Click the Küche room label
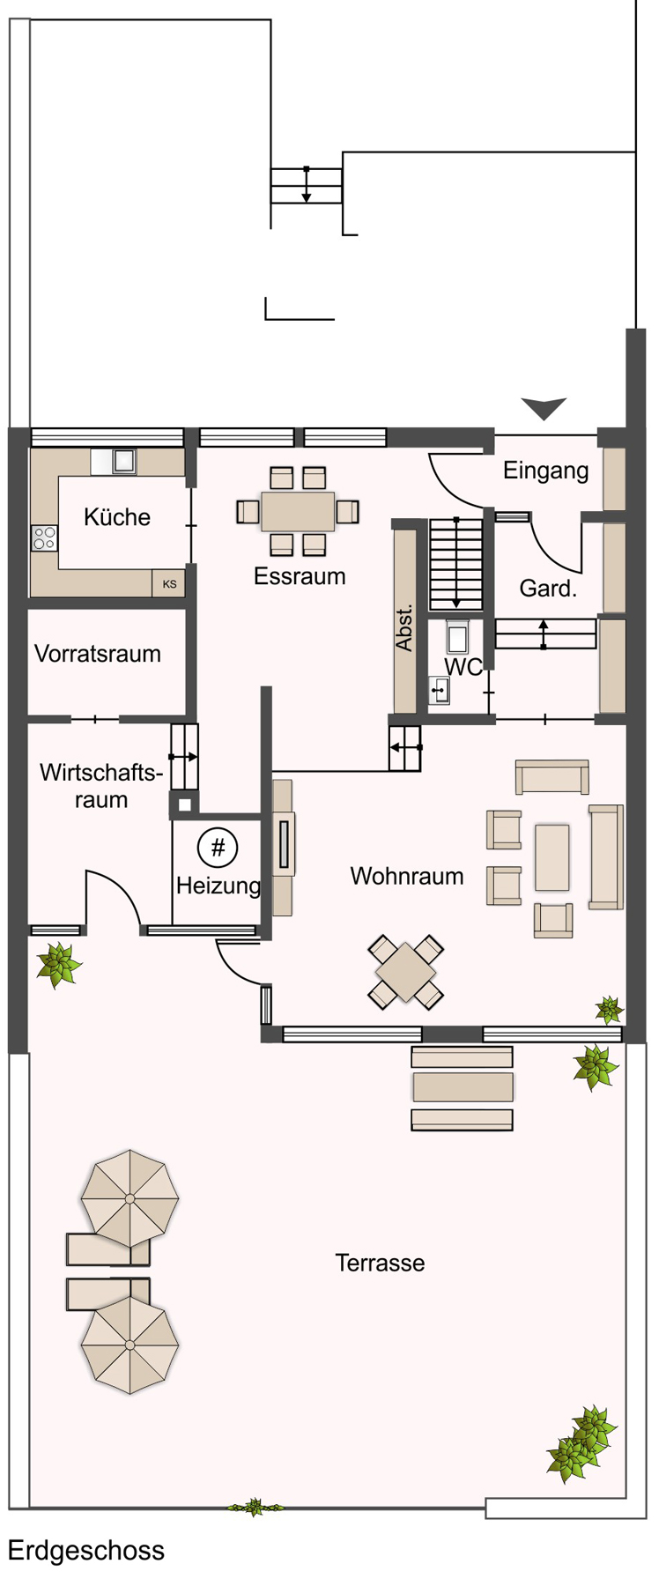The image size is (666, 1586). (116, 517)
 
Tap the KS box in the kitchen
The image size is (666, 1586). (169, 584)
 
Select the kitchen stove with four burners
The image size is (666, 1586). (44, 537)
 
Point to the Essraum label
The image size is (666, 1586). (300, 576)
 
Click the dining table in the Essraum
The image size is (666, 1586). (298, 511)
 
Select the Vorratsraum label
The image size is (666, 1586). (98, 654)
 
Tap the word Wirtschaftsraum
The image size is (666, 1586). (101, 786)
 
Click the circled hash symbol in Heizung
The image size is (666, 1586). (218, 848)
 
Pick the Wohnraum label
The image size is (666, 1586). (406, 876)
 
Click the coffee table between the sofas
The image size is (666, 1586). (551, 857)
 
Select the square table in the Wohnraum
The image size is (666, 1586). (405, 972)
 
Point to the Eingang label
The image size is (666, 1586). (545, 471)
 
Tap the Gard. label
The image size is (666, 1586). (548, 589)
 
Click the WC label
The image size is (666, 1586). (463, 667)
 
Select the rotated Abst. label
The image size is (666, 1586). (404, 628)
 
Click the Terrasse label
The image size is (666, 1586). (380, 1263)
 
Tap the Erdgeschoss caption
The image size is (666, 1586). (86, 1550)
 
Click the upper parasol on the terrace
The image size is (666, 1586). (129, 1198)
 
